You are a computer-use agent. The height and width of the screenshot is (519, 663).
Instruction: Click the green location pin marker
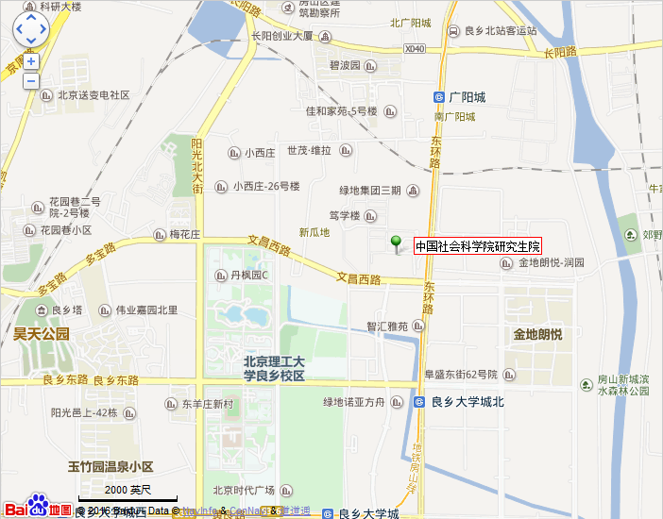(x=397, y=243)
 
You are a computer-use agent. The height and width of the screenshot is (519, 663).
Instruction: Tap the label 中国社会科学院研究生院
(x=477, y=246)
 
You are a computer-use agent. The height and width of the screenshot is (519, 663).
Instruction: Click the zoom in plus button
(x=31, y=61)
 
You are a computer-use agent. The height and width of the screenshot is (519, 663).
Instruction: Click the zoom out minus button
(x=31, y=81)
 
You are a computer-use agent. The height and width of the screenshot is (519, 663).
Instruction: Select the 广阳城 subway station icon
(x=439, y=97)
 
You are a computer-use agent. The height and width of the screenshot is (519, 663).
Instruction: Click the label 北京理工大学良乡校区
(x=274, y=368)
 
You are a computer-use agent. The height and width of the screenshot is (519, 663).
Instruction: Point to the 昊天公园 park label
(x=42, y=333)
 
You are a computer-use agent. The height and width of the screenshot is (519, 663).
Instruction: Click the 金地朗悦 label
(x=537, y=334)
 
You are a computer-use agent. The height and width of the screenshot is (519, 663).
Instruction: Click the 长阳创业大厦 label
(x=281, y=36)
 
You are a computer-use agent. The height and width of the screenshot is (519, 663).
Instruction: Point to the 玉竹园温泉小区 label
(x=110, y=467)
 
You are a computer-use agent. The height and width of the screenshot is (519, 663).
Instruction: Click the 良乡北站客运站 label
(x=501, y=30)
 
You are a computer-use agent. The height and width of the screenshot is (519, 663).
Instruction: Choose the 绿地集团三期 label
(x=370, y=191)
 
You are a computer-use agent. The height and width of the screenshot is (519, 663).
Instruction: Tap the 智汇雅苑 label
(x=387, y=326)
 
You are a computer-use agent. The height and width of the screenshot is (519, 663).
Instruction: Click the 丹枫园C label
(x=250, y=276)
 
